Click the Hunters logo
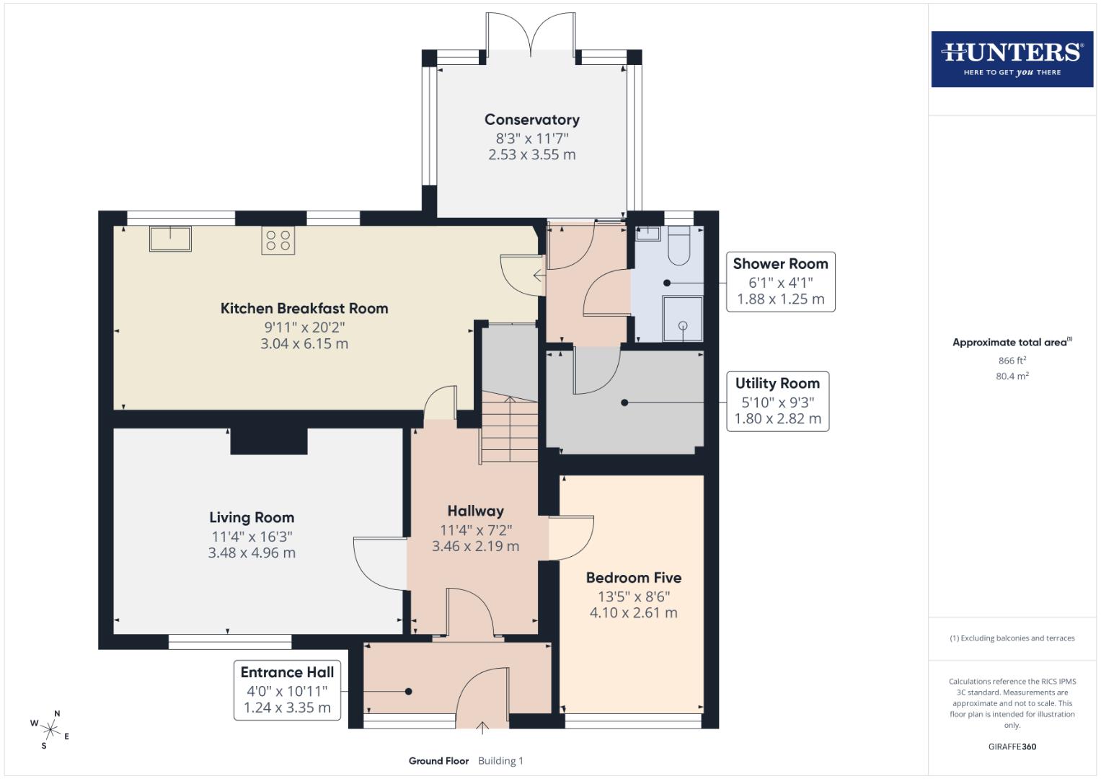click(1012, 58)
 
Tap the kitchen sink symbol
click(170, 238)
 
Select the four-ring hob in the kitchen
click(278, 240)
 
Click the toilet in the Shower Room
click(679, 246)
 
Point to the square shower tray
click(682, 318)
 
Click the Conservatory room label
click(531, 120)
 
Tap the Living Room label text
click(252, 517)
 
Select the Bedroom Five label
click(633, 578)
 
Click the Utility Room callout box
click(777, 401)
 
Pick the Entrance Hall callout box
click(287, 690)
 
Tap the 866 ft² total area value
click(1012, 360)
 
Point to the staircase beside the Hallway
click(510, 430)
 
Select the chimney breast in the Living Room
click(269, 441)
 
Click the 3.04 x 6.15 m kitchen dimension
click(304, 344)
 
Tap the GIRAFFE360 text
click(1012, 747)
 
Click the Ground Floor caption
click(438, 761)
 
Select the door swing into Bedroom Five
click(572, 538)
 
